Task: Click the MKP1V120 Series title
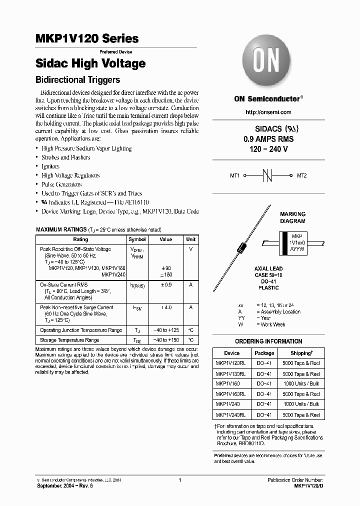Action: pyautogui.click(x=87, y=38)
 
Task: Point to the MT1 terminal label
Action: pyautogui.click(x=235, y=176)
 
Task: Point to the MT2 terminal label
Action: pyautogui.click(x=302, y=176)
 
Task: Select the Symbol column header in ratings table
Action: pyautogui.click(x=137, y=239)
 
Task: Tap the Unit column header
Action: pyautogui.click(x=191, y=239)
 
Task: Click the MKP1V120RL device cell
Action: pyautogui.click(x=230, y=363)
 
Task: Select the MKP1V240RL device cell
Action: pyautogui.click(x=230, y=415)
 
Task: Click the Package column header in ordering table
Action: pyautogui.click(x=264, y=353)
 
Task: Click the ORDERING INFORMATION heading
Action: pyautogui.click(x=269, y=341)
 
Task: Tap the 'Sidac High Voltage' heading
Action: pyautogui.click(x=90, y=63)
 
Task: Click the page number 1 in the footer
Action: pyautogui.click(x=179, y=479)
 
